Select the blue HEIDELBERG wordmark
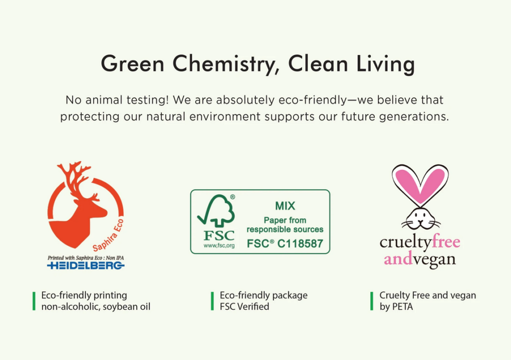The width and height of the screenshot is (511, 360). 86,266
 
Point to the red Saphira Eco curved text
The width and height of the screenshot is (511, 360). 108,236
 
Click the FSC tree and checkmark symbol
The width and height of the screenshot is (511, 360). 216,211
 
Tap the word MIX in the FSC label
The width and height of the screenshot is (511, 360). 285,206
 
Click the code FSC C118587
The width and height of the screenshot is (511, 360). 285,244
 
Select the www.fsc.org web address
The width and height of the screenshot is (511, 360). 219,246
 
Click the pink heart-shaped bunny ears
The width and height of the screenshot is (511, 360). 420,184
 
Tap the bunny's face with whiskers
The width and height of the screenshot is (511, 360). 420,220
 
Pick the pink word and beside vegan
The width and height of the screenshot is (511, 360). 398,259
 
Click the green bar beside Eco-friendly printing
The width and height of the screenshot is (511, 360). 34,301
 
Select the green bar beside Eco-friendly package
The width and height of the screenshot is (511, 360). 213,301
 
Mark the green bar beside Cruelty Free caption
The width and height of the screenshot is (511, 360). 372,301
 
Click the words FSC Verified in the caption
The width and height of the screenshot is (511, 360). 245,307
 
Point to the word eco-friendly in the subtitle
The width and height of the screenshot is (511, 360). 313,100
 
